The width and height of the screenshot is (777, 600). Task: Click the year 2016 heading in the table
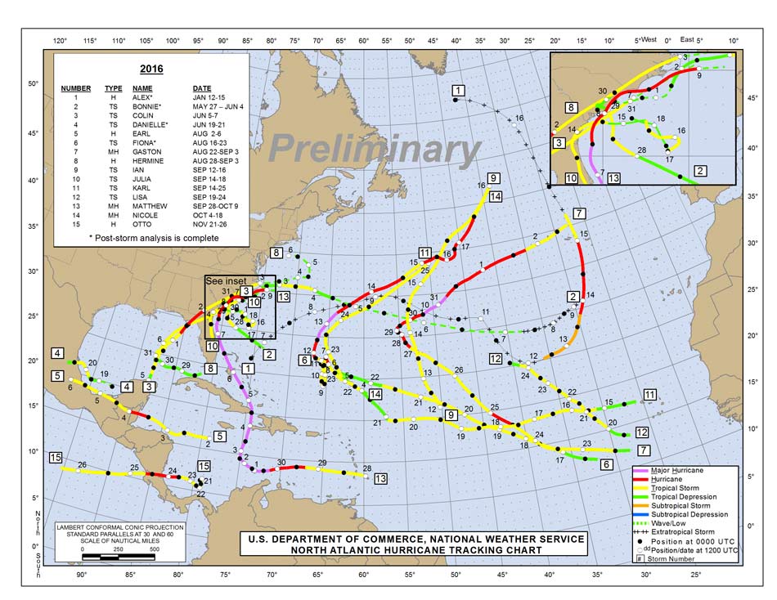(151, 69)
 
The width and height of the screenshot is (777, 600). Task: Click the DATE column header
(201, 87)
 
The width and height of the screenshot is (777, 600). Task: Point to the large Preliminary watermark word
(374, 149)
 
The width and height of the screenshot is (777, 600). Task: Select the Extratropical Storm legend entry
(694, 533)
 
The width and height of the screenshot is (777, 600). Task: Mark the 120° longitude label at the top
(60, 40)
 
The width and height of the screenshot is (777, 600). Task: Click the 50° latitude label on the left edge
(33, 83)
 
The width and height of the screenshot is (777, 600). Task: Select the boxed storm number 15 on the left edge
(56, 457)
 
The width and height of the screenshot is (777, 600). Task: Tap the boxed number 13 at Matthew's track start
(380, 479)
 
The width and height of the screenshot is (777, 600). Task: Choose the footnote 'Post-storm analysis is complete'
(155, 238)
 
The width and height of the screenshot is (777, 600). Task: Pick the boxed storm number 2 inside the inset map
(700, 171)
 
